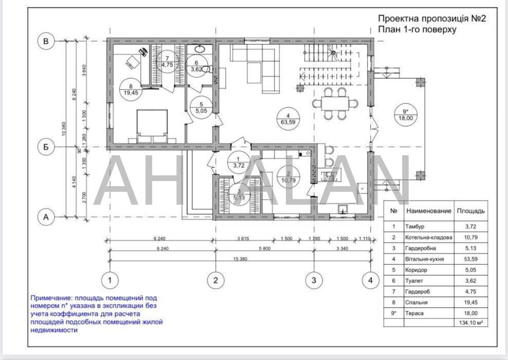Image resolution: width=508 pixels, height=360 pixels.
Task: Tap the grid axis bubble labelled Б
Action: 46,147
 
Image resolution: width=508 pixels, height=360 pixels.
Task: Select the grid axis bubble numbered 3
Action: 314,280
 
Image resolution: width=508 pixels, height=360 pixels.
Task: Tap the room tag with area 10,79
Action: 288,177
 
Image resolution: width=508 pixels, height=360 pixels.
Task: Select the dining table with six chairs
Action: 335,103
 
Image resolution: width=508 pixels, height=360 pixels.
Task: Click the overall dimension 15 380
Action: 240,259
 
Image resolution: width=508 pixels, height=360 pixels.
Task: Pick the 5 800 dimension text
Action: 265,249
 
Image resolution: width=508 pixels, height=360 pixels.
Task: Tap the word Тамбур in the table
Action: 415,226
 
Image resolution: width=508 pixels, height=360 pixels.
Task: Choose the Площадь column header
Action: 470,211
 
